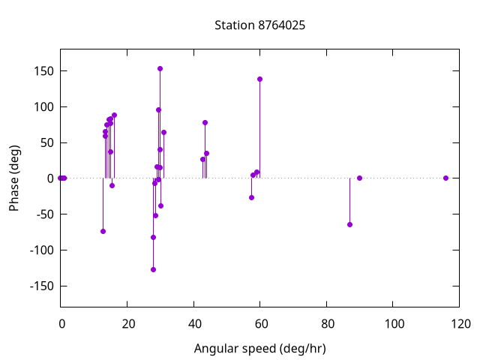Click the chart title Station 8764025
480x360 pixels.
coord(259,25)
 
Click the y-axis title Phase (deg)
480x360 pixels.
coord(14,178)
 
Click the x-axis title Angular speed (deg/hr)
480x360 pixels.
coord(259,349)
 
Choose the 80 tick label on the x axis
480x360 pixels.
coord(327,324)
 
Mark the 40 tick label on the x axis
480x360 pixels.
coord(193,324)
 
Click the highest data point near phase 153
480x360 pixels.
coord(160,68)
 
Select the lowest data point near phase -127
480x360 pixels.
coord(153,269)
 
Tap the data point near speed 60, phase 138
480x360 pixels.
coord(259,79)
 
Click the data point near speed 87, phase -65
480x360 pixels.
coord(349,224)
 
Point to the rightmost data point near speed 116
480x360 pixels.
coord(445,178)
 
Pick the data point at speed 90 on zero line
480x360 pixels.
coord(359,178)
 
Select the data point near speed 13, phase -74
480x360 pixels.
coord(103,231)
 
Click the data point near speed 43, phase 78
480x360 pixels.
coord(205,122)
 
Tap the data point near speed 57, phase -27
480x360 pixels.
coord(251,197)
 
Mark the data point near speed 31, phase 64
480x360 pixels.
coord(163,132)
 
